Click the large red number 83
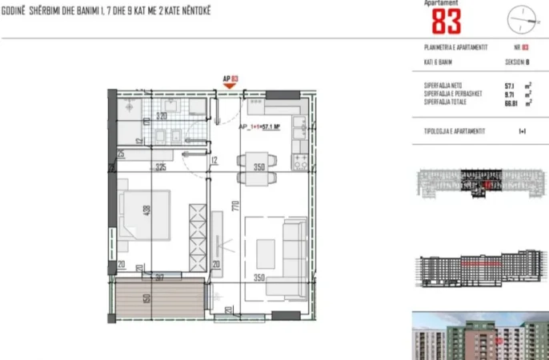(x=447, y=21)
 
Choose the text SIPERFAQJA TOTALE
(x=447, y=102)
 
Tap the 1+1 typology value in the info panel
(x=522, y=129)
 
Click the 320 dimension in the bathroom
(x=162, y=115)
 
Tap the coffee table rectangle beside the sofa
(x=264, y=253)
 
